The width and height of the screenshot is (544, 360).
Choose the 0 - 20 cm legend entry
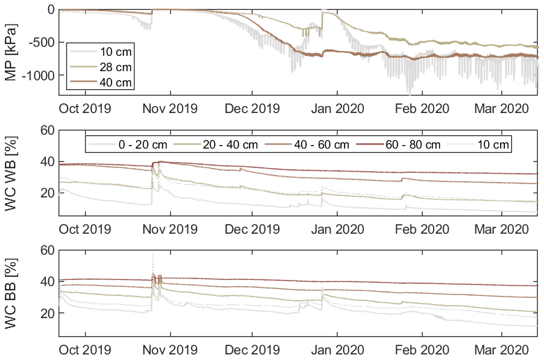pos(142,144)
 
